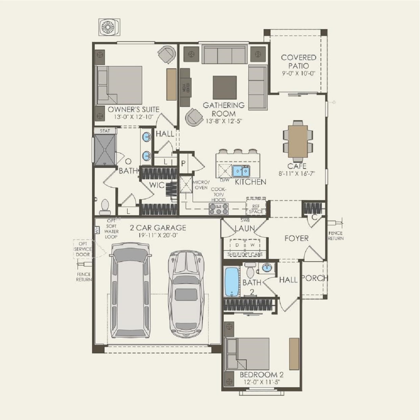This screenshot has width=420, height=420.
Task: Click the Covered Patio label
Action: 299,62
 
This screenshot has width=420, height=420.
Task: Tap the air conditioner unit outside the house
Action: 109,27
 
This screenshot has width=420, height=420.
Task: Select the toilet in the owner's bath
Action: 105,207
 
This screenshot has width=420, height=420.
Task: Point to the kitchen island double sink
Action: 241,171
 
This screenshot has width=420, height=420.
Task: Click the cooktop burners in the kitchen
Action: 219,209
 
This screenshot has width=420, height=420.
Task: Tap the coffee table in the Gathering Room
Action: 224,87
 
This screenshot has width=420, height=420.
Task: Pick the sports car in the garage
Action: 187,293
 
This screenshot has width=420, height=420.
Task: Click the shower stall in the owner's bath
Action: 105,150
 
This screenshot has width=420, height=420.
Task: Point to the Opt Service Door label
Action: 83,249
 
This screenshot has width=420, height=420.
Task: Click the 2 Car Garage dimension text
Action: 158,235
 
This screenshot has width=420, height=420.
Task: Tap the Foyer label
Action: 296,238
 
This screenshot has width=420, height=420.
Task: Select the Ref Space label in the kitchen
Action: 256,208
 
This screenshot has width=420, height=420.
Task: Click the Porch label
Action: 314,279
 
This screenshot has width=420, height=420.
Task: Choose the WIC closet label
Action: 157,185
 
